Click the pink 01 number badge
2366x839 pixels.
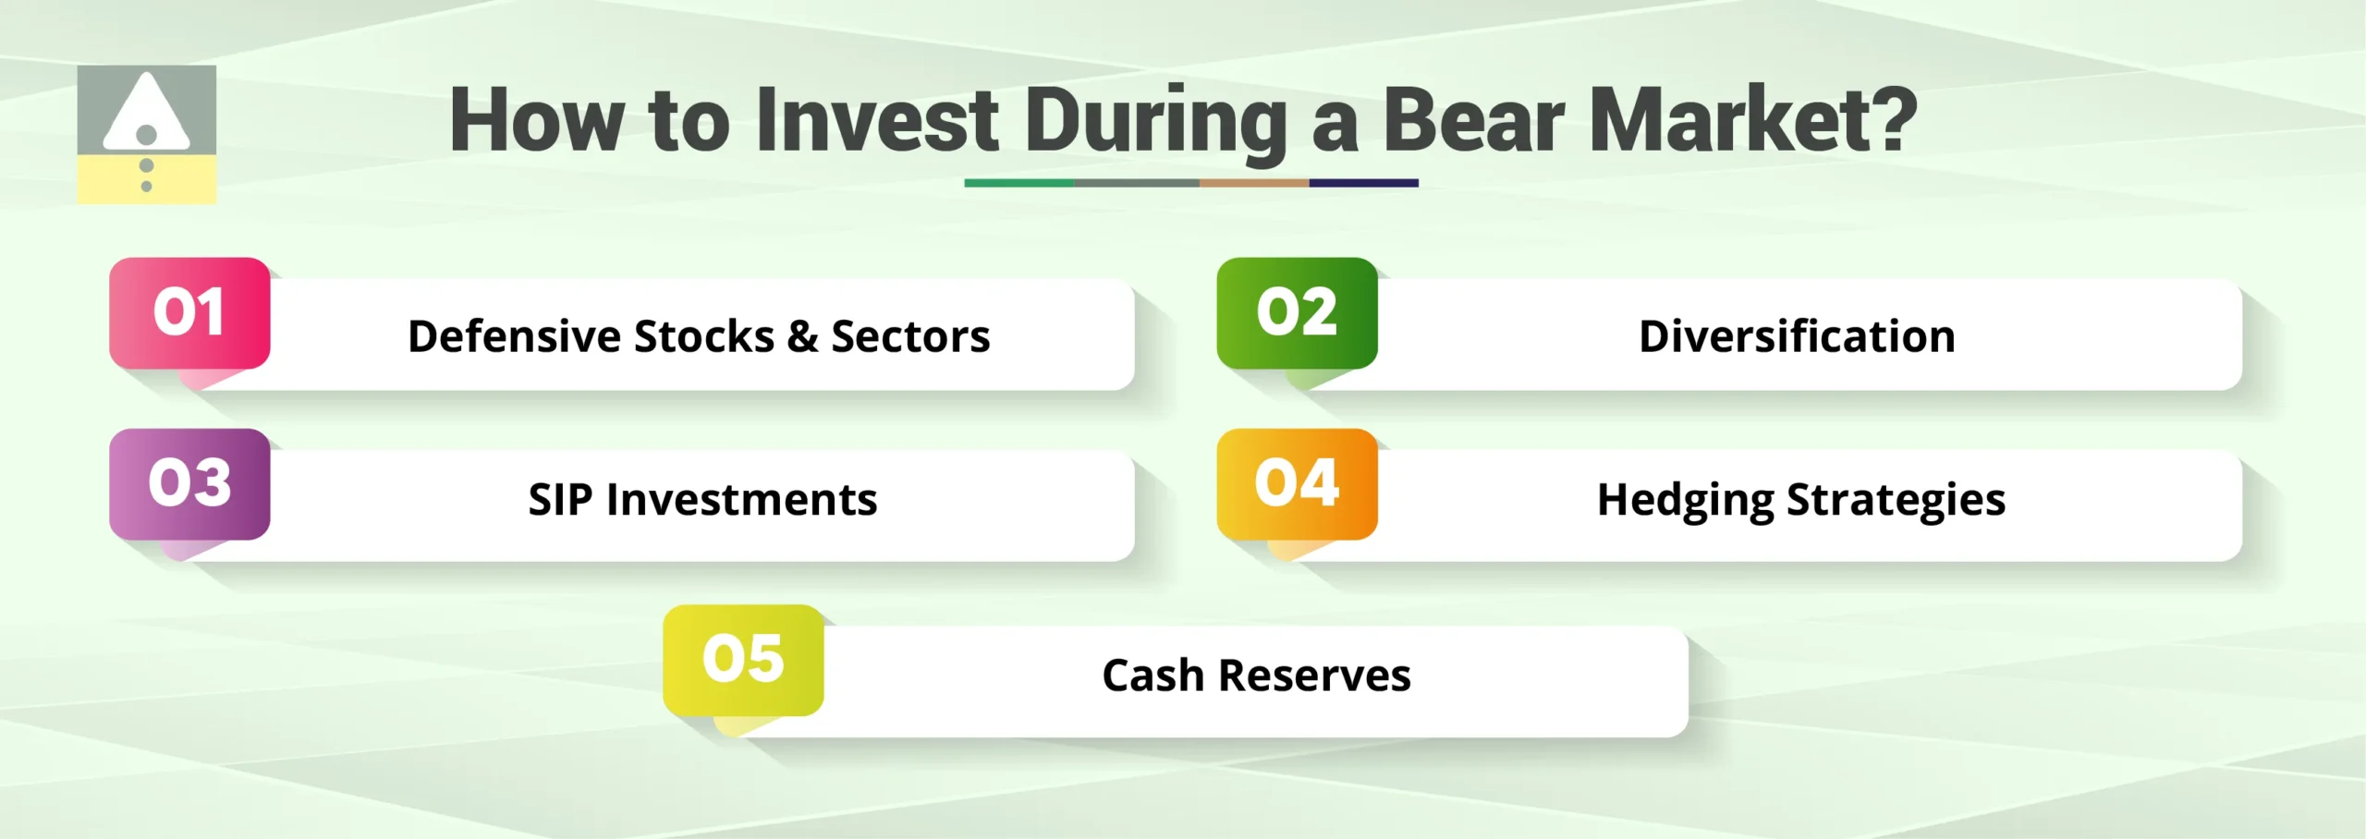pos(189,312)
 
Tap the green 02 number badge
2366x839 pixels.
pos(1297,312)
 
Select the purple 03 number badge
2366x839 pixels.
pos(189,483)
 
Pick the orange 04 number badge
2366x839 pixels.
pos(1297,483)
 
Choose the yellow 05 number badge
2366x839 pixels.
pos(743,660)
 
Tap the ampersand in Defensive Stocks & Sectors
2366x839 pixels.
pos(802,336)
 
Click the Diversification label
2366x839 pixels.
pos(1797,336)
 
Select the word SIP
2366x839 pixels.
pos(560,500)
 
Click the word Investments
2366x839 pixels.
pos(741,500)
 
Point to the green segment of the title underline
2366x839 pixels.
pos(1018,183)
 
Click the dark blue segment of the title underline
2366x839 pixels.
pos(1363,183)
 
